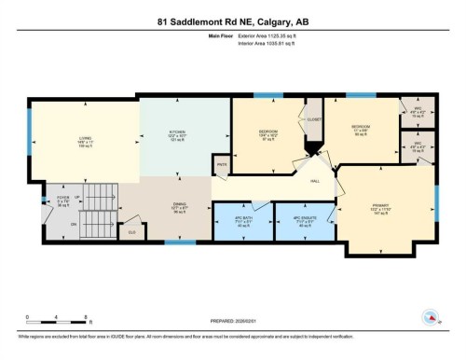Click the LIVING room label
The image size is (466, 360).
click(x=85, y=143)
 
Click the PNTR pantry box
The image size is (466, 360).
click(x=222, y=165)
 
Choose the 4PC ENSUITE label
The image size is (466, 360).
click(x=305, y=224)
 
